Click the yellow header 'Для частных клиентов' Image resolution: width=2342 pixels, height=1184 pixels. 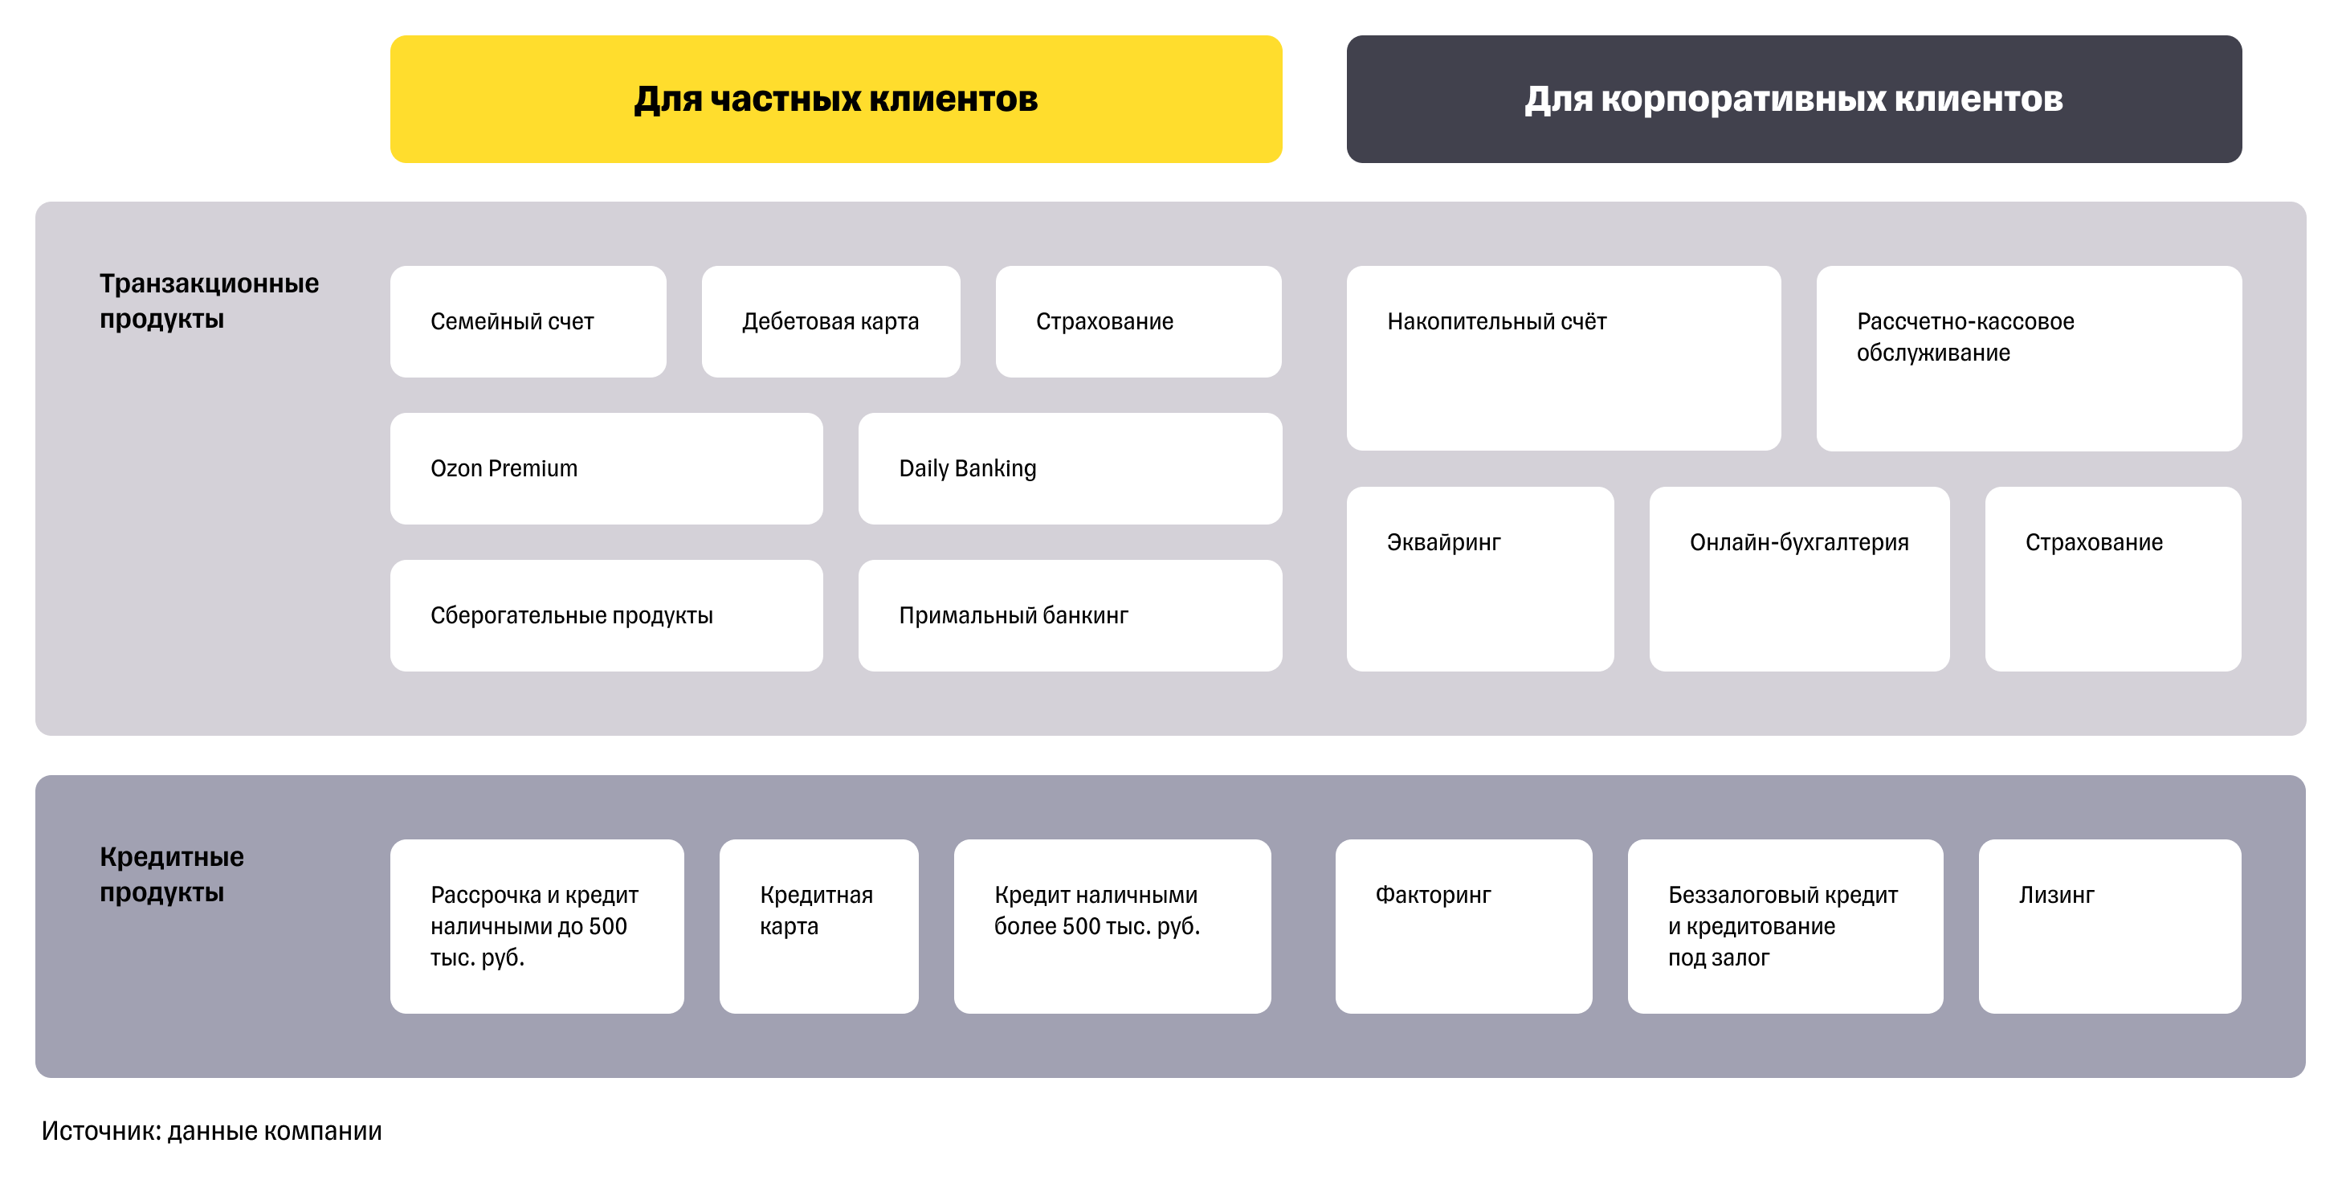click(x=835, y=99)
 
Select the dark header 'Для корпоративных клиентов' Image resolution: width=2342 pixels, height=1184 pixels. click(x=1793, y=99)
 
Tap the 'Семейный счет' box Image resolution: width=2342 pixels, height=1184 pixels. click(x=528, y=321)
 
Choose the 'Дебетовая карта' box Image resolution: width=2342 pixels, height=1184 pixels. click(x=830, y=321)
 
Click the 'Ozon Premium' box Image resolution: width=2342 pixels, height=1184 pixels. click(x=606, y=468)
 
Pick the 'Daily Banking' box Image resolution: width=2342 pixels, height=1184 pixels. click(x=1069, y=468)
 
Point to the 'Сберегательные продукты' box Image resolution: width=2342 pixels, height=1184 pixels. click(x=606, y=615)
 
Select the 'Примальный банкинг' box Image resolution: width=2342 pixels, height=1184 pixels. click(x=1069, y=615)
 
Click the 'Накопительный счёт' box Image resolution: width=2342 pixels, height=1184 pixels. click(x=1563, y=357)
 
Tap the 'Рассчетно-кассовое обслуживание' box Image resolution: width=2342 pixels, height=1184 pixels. click(x=2027, y=357)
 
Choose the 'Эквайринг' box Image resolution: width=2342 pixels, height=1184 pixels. click(x=1479, y=578)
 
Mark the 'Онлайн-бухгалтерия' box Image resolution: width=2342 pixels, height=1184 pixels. click(x=1798, y=578)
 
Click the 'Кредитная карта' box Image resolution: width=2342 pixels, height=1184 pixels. click(x=818, y=925)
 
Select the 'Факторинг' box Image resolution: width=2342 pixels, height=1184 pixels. click(x=1463, y=925)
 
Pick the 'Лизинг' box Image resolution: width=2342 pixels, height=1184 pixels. click(x=2108, y=925)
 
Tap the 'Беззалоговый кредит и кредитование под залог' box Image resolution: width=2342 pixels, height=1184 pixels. click(x=1784, y=925)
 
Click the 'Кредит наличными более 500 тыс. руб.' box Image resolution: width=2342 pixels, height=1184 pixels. click(x=1111, y=925)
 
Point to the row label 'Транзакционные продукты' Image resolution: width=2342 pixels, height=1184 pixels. click(x=209, y=301)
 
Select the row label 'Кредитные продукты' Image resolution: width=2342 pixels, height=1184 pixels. click(x=172, y=874)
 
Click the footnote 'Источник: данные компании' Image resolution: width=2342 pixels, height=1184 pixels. click(x=212, y=1130)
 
